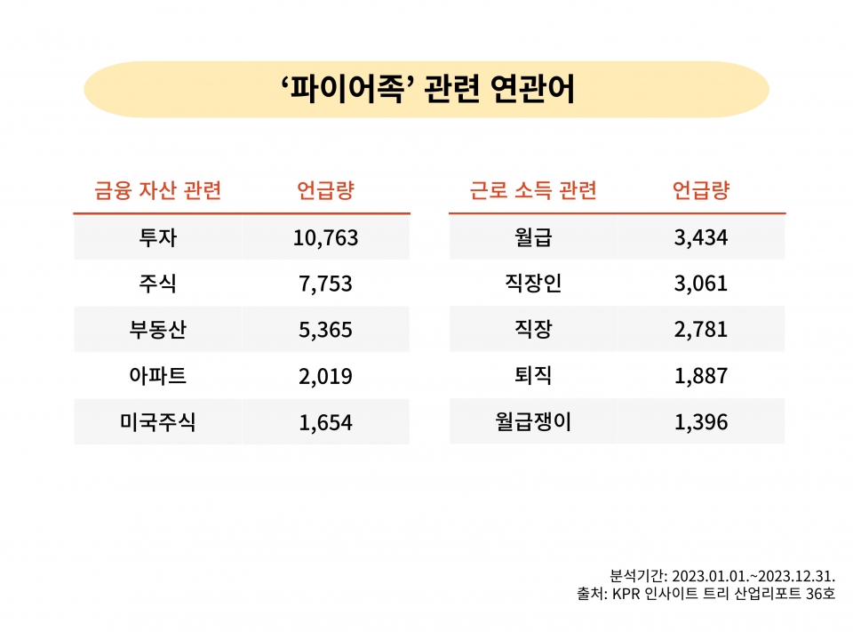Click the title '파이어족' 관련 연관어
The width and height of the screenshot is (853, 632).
426,90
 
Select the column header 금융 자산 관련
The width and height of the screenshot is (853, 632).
157,190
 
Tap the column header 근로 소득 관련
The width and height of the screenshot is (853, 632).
533,190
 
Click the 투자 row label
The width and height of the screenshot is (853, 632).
157,237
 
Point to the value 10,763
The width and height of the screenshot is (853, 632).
325,237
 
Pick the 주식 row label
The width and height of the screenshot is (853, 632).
157,284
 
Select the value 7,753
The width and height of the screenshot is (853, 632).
325,284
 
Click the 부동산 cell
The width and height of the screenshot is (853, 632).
157,330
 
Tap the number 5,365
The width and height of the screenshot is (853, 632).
325,330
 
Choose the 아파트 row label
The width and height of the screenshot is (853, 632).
157,376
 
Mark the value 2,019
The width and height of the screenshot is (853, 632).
325,376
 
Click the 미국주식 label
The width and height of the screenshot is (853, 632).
157,422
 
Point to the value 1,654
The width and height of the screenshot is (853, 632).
325,422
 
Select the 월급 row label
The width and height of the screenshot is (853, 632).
533,237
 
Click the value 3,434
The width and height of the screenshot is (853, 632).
700,237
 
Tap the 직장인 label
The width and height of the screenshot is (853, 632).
533,284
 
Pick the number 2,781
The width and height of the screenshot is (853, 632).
700,330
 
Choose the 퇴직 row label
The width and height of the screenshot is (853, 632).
533,376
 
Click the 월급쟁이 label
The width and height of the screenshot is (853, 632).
533,422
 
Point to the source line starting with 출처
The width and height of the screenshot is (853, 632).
706,593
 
